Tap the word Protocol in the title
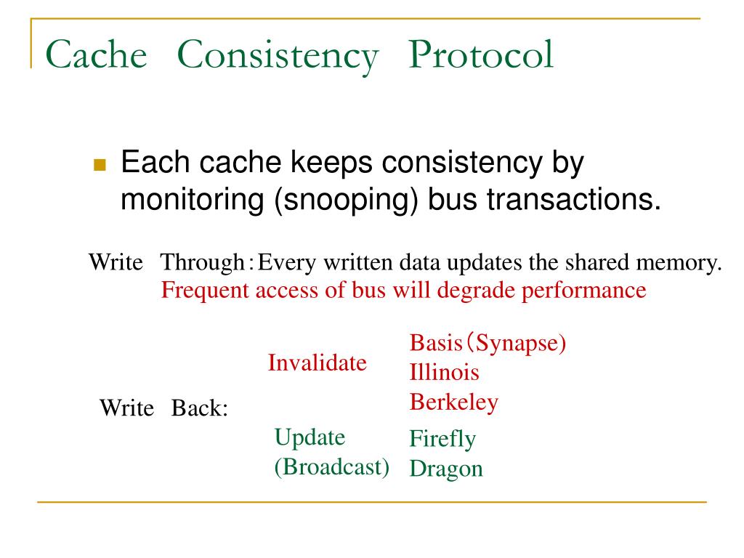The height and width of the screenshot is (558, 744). point(480,55)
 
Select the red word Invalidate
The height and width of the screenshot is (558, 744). point(317,363)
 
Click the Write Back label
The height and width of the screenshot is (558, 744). point(163,408)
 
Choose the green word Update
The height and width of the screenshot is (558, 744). point(310,437)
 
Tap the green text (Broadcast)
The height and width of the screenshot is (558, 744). point(331,466)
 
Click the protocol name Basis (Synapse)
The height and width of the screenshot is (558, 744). point(488,343)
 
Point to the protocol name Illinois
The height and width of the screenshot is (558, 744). point(444,373)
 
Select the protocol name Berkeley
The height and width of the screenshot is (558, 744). point(453,402)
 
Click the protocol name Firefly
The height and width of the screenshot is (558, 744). point(442,439)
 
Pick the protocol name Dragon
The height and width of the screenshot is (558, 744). point(446,469)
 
